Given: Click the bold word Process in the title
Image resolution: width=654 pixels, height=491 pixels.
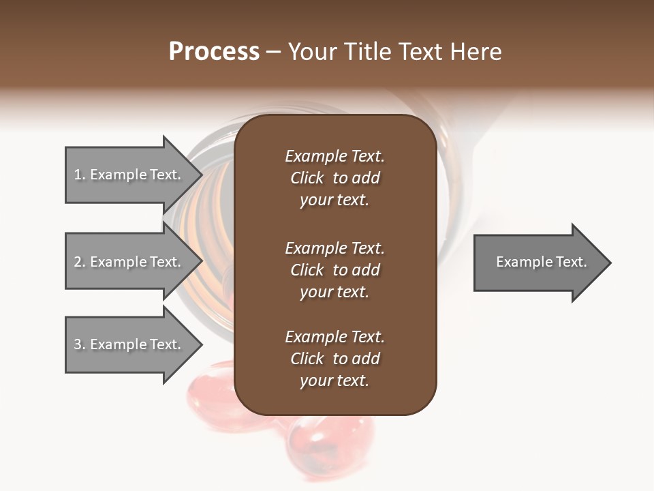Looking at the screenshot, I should point(214,52).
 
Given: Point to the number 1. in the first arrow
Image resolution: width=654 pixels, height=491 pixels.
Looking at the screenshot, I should point(80,175).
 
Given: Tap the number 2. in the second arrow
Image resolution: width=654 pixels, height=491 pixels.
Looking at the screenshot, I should point(80,262).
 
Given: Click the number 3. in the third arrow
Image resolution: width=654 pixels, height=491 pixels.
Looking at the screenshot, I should point(80,344).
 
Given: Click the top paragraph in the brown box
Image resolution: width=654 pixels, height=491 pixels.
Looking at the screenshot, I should point(334,178).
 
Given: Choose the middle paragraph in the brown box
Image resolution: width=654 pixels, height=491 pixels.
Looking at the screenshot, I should point(334,270).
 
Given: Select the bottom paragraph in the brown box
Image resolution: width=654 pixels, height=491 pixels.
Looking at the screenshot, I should point(334,359).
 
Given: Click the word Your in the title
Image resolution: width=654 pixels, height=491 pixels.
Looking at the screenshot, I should point(312,52).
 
